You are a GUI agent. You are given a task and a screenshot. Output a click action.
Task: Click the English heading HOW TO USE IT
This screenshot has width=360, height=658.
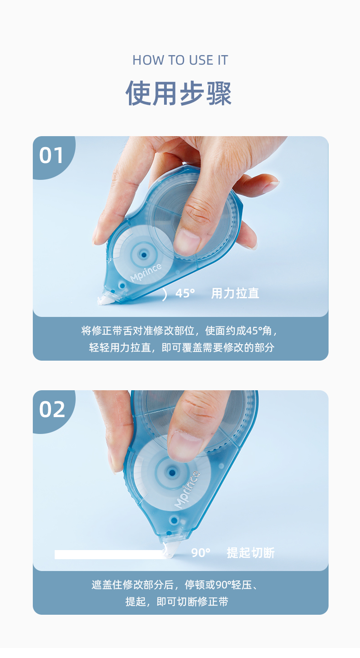coord(180,60)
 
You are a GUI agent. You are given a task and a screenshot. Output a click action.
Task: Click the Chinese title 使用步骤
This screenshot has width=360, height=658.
coord(179,93)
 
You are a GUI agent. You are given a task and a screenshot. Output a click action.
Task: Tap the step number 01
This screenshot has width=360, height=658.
coord(51,155)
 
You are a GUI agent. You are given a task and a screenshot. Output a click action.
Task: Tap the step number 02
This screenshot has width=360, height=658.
coord(52,409)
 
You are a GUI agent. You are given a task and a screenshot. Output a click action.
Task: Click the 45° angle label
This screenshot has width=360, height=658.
coord(185,293)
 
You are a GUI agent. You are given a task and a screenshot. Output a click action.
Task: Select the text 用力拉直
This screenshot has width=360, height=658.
coord(235,293)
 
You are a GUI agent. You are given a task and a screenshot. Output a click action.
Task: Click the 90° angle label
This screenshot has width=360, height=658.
coord(201,552)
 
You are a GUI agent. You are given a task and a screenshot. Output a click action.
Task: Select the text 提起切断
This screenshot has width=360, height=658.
coord(251,552)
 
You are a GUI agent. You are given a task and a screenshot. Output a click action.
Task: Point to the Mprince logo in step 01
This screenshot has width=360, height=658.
coord(146,272)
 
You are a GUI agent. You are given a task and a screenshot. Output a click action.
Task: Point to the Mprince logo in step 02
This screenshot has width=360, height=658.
coord(187,490)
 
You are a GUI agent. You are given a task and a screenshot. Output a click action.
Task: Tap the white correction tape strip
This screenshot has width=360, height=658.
coord(109,555)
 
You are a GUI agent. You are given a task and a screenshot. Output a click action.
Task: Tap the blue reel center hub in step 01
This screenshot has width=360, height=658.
coord(144,255)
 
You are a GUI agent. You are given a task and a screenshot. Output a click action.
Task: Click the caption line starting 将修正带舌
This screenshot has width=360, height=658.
coord(179,331)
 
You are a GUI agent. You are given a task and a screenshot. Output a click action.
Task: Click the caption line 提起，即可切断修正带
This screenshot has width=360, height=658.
coord(177,602)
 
